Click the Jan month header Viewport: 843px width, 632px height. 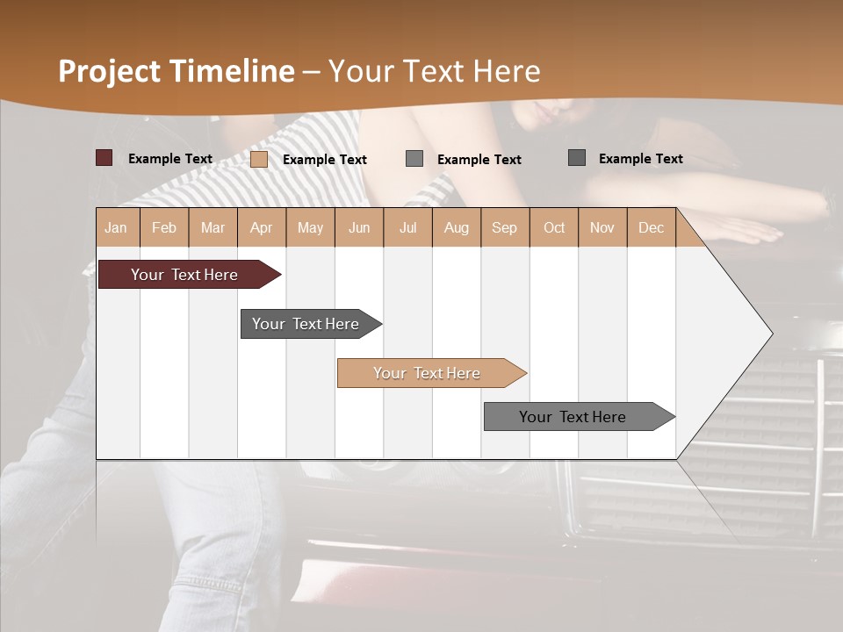[x=117, y=227]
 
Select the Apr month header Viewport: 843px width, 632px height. [x=262, y=227]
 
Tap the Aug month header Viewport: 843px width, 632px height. [x=457, y=227]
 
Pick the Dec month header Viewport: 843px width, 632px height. [x=652, y=227]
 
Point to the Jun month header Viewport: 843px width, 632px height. [x=359, y=227]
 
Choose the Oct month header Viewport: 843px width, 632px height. [x=554, y=227]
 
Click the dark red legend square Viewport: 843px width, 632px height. [x=104, y=158]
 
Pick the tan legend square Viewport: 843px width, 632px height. [x=259, y=159]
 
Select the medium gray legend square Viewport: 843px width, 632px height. [x=414, y=159]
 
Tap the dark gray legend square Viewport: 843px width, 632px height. [x=577, y=158]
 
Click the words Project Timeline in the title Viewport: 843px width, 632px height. [x=177, y=71]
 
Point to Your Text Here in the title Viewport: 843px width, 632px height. [x=434, y=71]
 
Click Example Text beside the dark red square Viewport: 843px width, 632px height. [x=170, y=159]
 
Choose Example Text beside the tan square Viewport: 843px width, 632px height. [x=325, y=160]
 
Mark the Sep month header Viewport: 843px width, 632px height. [x=505, y=227]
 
